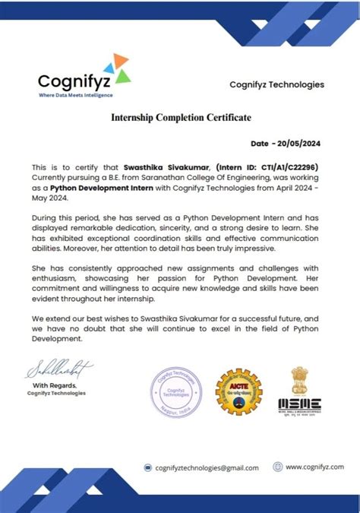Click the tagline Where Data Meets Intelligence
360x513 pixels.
click(x=75, y=95)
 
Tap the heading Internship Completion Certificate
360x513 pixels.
click(x=181, y=118)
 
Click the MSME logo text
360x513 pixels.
click(x=299, y=402)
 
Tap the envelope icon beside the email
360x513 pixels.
click(x=150, y=467)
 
